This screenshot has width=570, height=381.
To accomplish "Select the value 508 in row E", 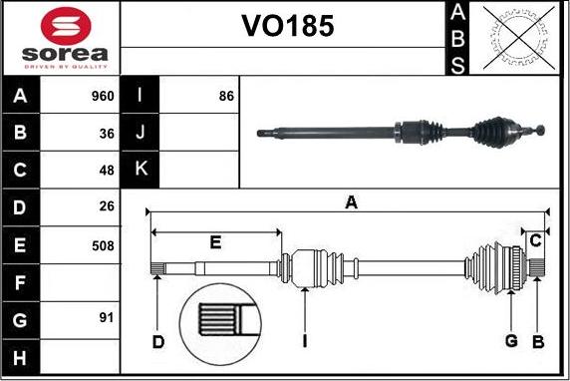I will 104,244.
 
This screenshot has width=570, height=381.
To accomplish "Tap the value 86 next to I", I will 225,97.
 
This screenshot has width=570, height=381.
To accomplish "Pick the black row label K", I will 141,170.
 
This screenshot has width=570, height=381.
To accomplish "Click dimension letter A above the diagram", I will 351,202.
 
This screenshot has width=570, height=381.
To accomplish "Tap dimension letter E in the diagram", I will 215,241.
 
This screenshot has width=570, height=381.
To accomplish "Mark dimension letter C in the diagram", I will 536,239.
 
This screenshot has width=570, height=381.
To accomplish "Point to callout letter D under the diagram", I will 157,342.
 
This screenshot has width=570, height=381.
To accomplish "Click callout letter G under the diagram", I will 511,341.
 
